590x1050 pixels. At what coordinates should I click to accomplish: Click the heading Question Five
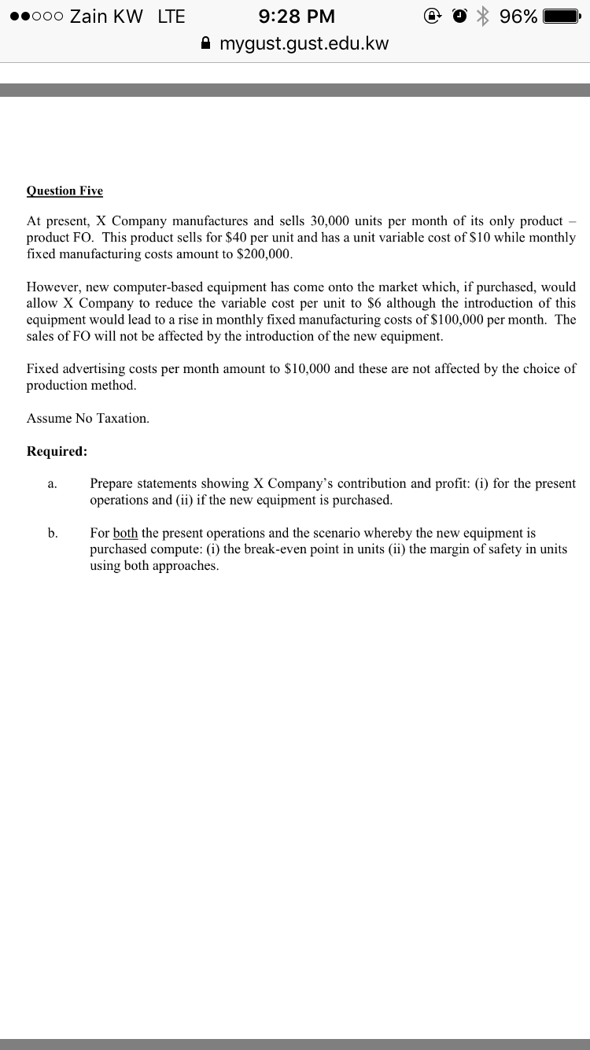(65, 190)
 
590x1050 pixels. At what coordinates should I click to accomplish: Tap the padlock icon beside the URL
(206, 43)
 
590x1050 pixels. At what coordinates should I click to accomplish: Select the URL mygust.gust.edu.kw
(304, 43)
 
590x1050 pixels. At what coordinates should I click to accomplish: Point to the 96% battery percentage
(519, 17)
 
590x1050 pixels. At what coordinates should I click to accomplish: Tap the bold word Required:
(57, 451)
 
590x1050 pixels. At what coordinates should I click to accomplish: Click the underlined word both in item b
(125, 533)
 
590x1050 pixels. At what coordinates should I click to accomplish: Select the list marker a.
(52, 484)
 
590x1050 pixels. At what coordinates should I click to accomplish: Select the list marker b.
(52, 533)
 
